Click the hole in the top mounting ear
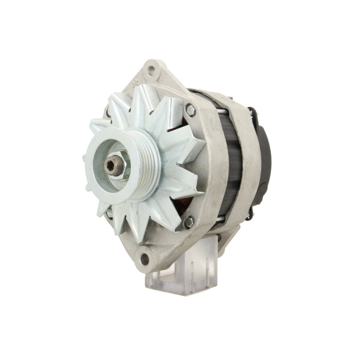[151, 71]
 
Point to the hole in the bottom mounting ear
[144, 258]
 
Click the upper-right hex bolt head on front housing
[190, 111]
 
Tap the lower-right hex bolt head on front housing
[188, 222]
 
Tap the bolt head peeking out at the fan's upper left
[108, 112]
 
